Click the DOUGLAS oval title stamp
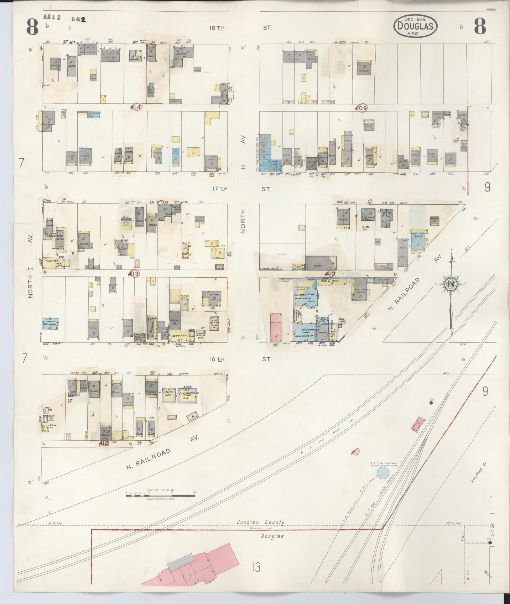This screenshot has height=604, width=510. [x=415, y=26]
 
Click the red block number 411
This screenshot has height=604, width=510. [x=355, y=452]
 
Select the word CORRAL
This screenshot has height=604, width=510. [x=280, y=255]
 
